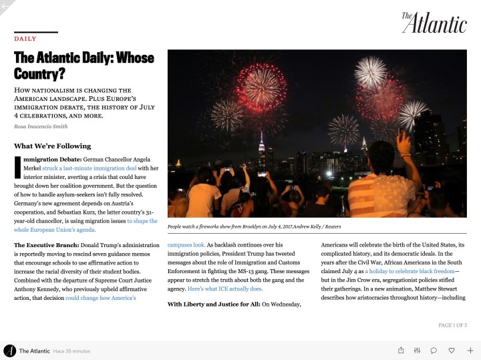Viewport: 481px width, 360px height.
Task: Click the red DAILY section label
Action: click(x=25, y=39)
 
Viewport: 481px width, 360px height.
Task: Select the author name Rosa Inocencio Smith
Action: click(x=40, y=126)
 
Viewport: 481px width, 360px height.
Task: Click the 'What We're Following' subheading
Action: click(x=52, y=146)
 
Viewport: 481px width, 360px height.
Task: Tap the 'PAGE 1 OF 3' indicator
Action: click(x=452, y=325)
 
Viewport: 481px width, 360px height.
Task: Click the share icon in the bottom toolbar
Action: click(x=401, y=350)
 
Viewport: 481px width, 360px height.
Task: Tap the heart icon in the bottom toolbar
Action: click(x=452, y=350)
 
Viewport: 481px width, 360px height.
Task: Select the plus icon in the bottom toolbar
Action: click(x=470, y=350)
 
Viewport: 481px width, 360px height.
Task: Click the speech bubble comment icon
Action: click(x=434, y=350)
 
